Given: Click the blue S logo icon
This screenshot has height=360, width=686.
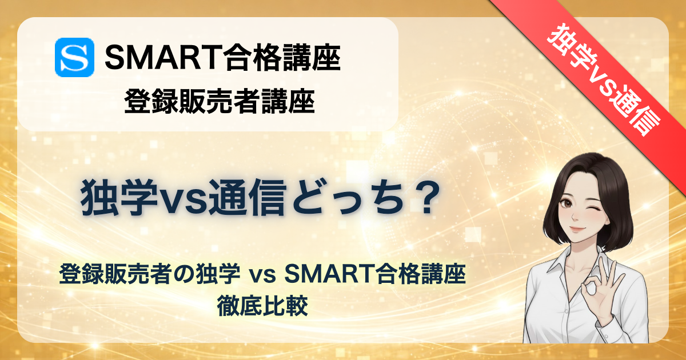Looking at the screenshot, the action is (x=74, y=57).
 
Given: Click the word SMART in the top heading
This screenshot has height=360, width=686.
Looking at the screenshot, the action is (x=163, y=58).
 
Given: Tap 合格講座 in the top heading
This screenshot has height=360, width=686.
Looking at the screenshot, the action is (x=282, y=58).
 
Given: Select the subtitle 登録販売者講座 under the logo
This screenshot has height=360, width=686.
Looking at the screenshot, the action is (x=220, y=101).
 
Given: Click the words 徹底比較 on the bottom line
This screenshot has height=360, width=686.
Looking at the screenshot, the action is (x=262, y=306).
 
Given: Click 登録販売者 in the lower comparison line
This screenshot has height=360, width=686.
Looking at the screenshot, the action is (x=115, y=274).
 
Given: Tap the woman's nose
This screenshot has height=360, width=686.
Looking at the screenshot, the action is (x=575, y=216).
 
